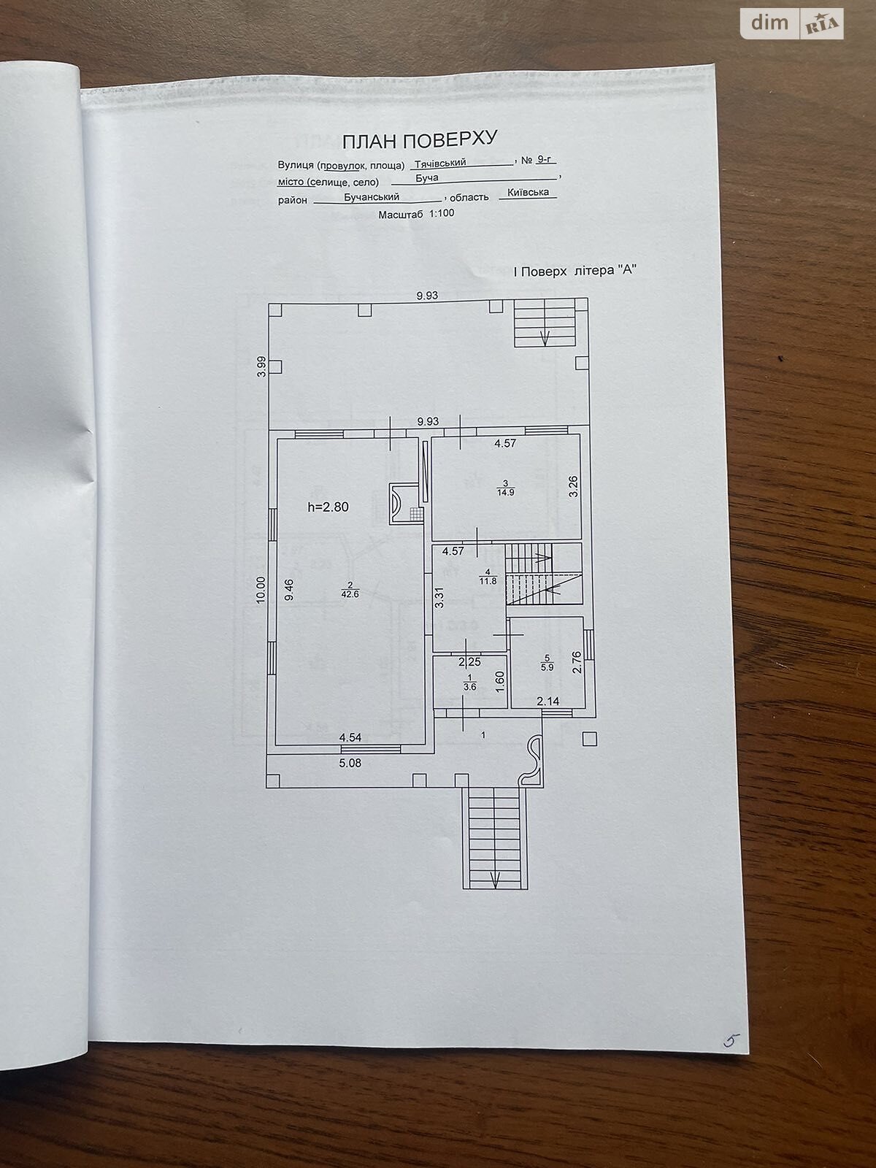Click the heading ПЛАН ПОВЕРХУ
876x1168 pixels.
tap(420, 140)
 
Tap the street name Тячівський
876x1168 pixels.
tap(440, 163)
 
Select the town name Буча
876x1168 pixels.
tap(426, 177)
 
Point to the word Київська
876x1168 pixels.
tap(528, 192)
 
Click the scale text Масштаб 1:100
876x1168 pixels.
tap(416, 214)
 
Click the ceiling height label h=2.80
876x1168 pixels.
tap(328, 507)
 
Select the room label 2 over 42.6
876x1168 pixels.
tap(350, 590)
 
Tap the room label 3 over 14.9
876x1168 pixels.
tap(504, 488)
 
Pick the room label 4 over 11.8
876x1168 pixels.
tap(487, 577)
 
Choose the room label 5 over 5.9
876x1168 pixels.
tap(547, 663)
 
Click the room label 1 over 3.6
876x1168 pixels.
tap(469, 682)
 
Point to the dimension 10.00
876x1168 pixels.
tap(260, 590)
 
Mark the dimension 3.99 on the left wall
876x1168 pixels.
tap(261, 366)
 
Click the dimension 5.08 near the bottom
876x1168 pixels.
tap(350, 763)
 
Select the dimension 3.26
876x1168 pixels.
tap(573, 486)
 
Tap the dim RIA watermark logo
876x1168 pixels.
tap(792, 24)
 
